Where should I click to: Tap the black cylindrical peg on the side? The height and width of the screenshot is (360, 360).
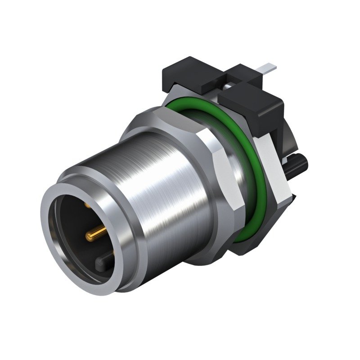[x=297, y=162]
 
